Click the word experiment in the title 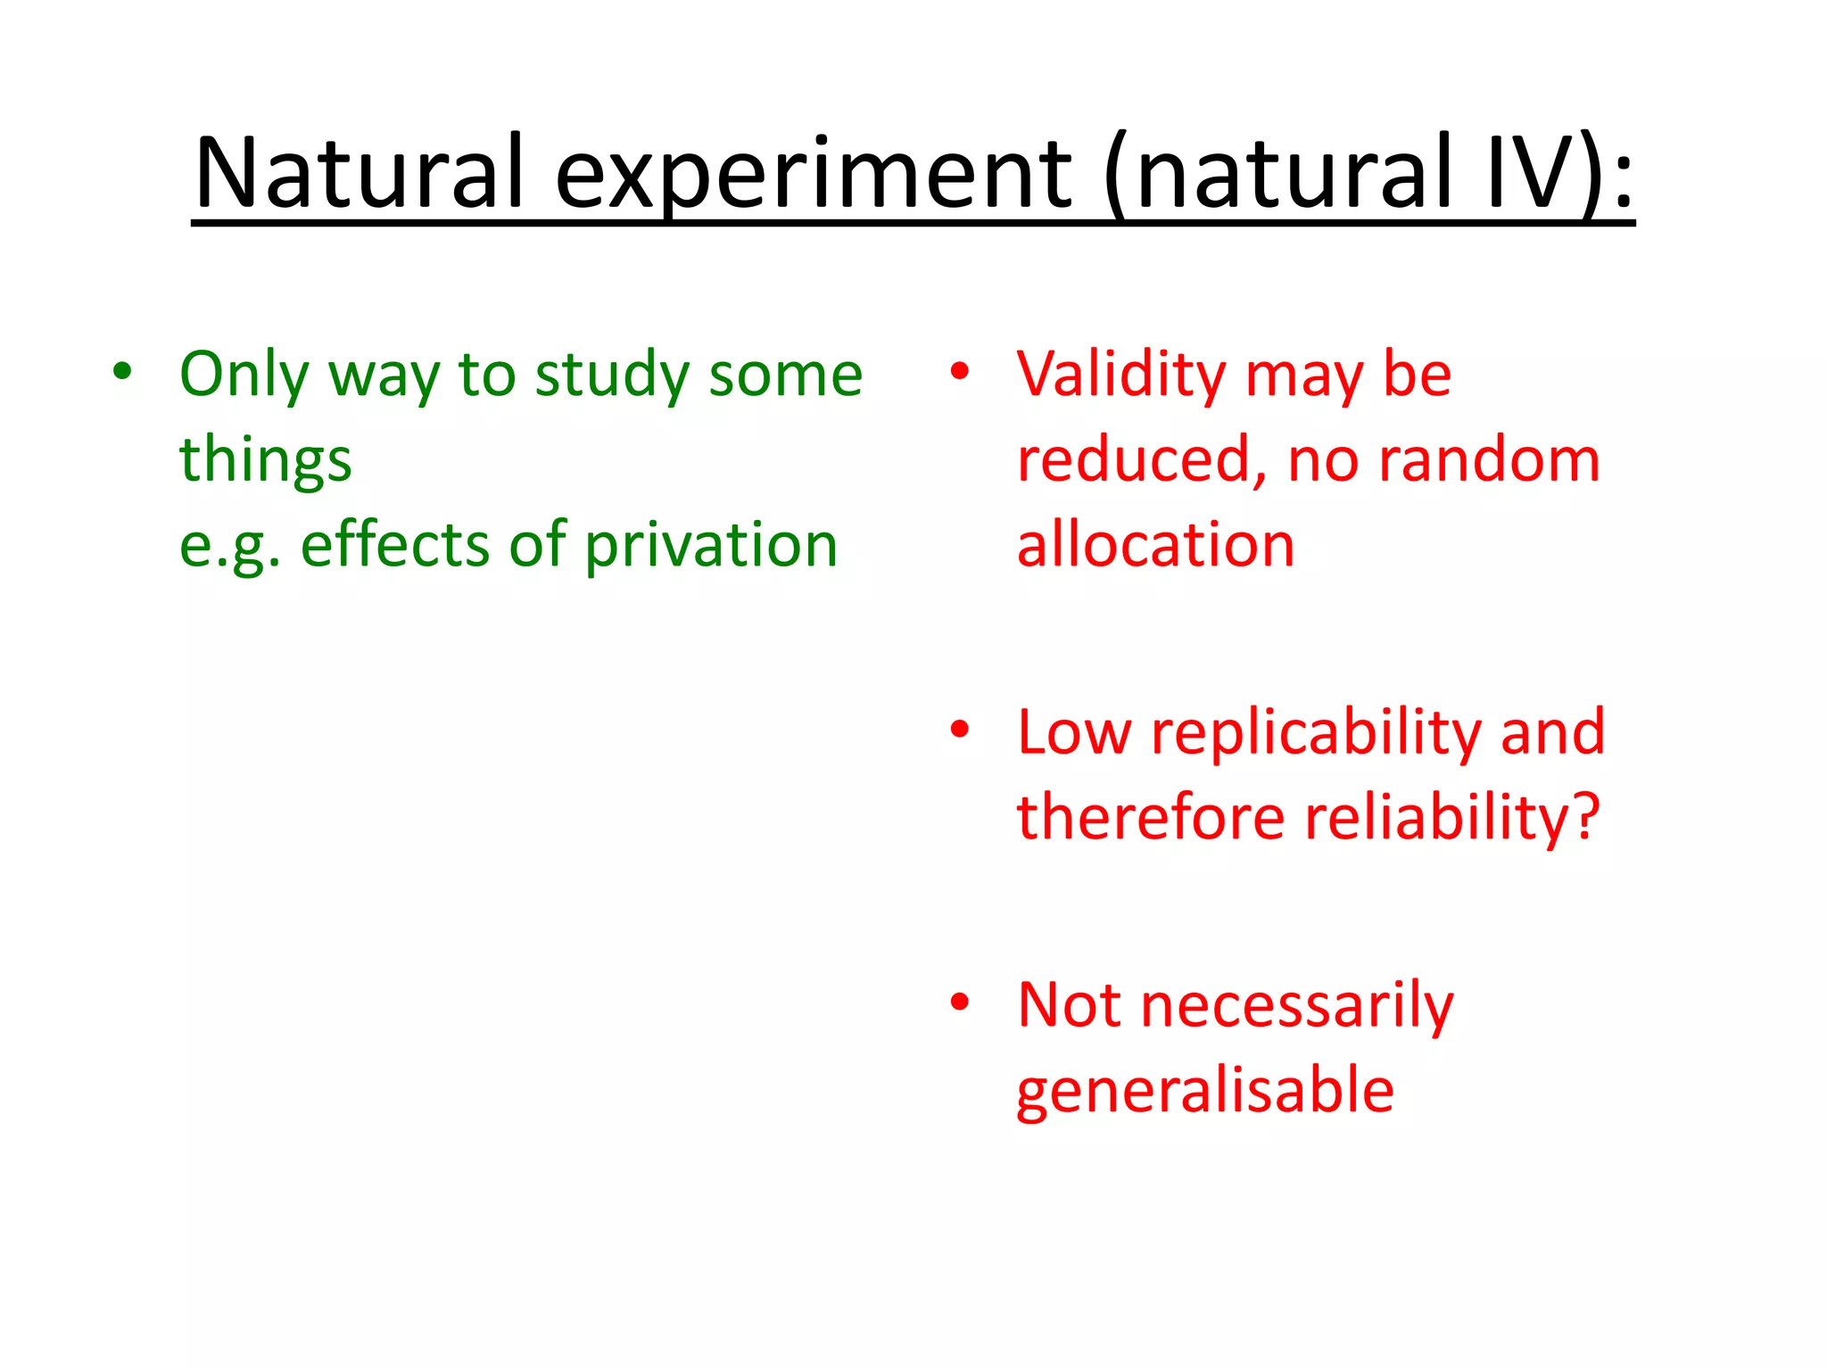coord(812,174)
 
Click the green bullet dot coord(122,371)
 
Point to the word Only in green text coord(244,375)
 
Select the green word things coord(265,460)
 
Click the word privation coord(711,544)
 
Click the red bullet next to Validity coord(959,371)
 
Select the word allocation coord(1155,544)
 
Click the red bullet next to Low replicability coord(959,730)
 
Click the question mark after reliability coord(1586,815)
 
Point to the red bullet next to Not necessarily coord(959,1002)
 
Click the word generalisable coord(1204,1090)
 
